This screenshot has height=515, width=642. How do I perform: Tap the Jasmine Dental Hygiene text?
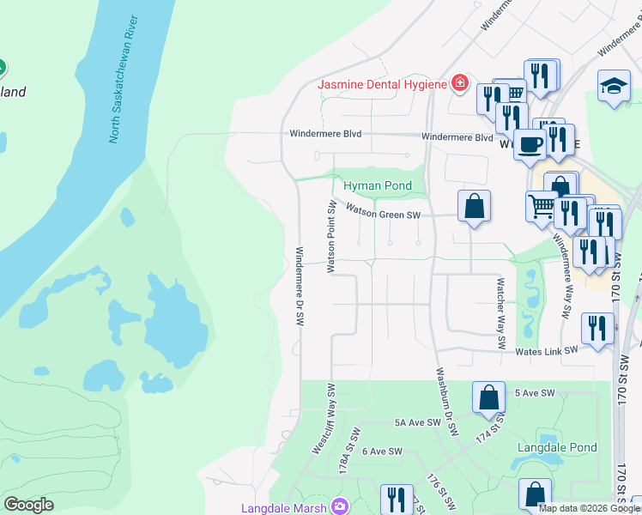[x=383, y=84]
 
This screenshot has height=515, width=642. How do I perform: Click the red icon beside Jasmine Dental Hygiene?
[x=460, y=83]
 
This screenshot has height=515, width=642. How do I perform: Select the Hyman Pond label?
[x=378, y=186]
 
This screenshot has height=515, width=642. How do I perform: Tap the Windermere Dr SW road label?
[x=300, y=287]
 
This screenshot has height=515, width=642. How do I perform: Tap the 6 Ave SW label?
[x=382, y=451]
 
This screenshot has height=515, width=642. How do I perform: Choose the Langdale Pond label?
[x=557, y=448]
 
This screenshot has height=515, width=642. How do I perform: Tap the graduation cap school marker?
[x=614, y=86]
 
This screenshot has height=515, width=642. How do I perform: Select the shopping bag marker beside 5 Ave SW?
[x=488, y=397]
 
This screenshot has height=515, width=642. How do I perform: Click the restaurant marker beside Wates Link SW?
[x=597, y=329]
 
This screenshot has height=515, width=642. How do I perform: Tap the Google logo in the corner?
[x=28, y=505]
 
